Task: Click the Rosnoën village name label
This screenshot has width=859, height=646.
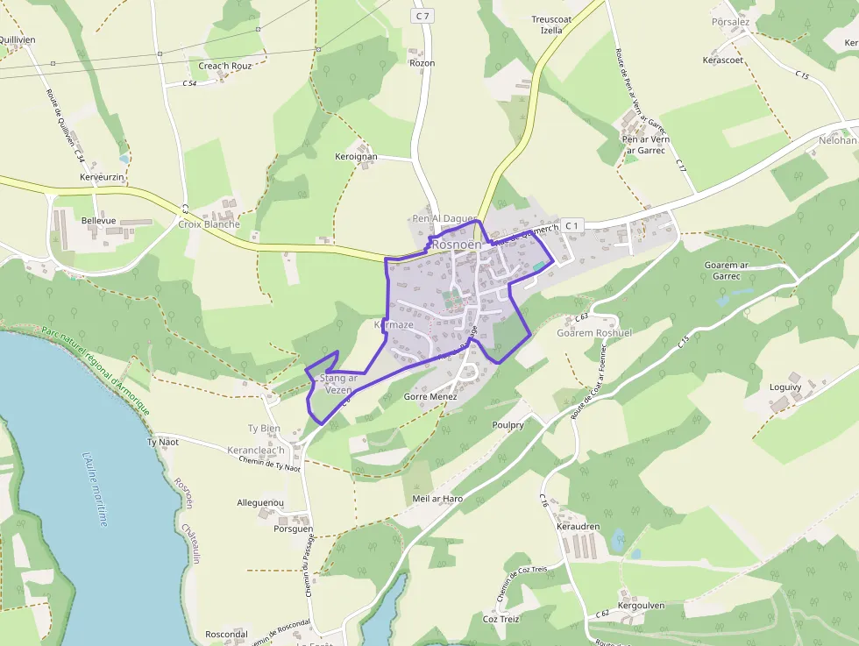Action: (x=457, y=245)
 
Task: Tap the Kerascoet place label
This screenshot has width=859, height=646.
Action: (x=723, y=60)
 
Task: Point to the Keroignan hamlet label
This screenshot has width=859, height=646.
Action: (x=356, y=157)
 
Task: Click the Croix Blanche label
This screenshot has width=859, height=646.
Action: (x=209, y=224)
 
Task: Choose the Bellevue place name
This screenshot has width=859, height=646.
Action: (x=98, y=221)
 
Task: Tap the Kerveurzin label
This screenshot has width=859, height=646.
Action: (x=103, y=177)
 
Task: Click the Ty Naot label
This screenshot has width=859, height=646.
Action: (x=162, y=442)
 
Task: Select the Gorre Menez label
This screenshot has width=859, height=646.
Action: (x=430, y=397)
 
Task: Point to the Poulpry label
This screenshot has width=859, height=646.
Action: (x=508, y=425)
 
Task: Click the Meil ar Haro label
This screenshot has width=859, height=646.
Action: (x=437, y=499)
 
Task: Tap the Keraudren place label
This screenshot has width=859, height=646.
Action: (x=578, y=527)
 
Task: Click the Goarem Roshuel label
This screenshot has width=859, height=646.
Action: (x=594, y=333)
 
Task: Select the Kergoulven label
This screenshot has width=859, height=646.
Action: (x=642, y=606)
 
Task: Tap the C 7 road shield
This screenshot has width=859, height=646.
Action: (x=423, y=16)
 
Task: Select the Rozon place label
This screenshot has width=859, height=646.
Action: (x=422, y=63)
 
